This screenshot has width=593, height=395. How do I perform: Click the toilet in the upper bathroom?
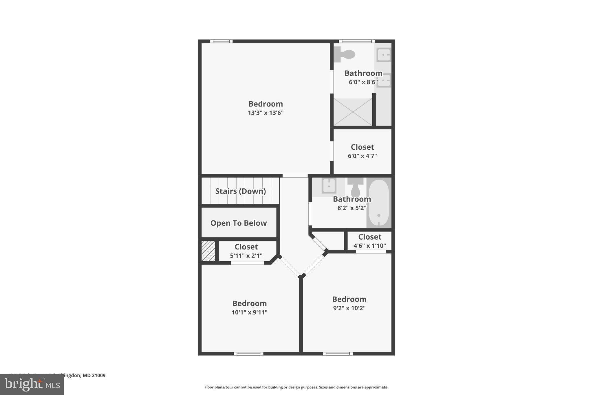point(345,54)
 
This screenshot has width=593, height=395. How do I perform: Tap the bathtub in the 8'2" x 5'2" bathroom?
point(378,203)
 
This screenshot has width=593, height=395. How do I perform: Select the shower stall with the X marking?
point(353,112)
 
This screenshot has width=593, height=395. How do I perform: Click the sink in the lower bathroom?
point(329,185)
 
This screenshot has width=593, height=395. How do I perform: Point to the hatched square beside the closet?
point(208,251)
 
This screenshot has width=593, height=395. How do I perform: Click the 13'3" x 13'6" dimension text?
point(266,113)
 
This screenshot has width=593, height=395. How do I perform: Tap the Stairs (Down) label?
point(240,191)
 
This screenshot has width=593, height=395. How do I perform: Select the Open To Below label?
point(238,223)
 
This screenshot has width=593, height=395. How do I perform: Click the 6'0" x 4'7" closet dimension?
point(362,156)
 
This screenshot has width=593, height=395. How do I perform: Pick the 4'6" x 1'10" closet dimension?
point(369,246)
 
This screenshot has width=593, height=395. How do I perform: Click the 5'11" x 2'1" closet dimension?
point(246,256)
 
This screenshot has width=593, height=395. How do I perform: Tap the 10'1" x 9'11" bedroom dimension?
point(249,312)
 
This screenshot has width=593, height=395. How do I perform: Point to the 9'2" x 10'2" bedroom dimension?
point(349,308)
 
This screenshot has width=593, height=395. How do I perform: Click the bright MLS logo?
point(32,385)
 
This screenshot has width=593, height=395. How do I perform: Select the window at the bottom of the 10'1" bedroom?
point(248,353)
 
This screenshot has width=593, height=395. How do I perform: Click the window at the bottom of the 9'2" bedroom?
point(338,353)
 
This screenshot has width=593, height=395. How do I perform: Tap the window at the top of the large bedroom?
point(221,41)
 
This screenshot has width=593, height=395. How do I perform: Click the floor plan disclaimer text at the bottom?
point(296,387)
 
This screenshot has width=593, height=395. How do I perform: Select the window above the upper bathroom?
point(357,41)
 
